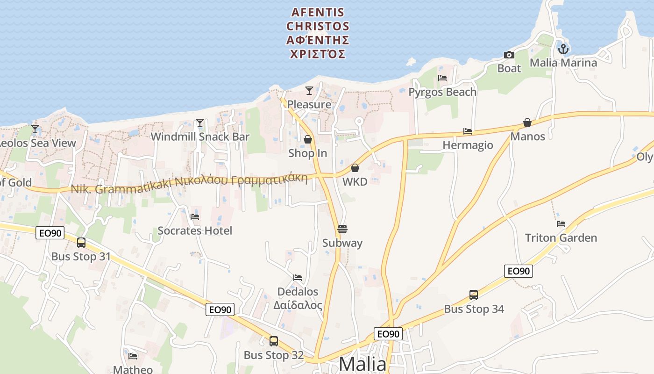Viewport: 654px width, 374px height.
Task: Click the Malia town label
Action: point(363,364)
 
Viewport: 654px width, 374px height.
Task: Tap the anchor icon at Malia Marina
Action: point(563,49)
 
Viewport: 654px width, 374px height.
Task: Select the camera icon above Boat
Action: point(509,55)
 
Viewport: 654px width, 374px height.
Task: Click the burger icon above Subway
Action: point(342,229)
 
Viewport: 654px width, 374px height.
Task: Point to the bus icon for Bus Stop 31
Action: point(81,243)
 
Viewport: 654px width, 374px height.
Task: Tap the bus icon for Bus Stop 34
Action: point(474,295)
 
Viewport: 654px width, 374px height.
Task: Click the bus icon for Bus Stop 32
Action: point(274,341)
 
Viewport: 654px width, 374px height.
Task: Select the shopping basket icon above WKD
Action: point(355,168)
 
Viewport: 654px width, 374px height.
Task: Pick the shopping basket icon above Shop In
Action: point(308,139)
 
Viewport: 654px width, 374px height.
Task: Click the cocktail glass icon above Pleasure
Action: point(309,91)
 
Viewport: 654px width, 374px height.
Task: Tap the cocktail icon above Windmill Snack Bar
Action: point(200,123)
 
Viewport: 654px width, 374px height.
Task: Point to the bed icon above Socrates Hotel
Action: point(195,216)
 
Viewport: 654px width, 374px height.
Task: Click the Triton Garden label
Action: point(561,237)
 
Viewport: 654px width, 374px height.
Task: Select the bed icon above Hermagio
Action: point(468,131)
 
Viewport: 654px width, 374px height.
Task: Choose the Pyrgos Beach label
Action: point(442,92)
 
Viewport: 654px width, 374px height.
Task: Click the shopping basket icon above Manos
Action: point(527,122)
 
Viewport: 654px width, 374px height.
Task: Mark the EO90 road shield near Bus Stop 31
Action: point(50,233)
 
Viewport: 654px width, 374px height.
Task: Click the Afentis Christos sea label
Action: point(318,33)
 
